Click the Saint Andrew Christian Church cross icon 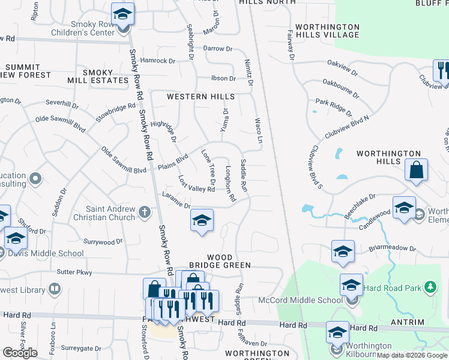(144, 211)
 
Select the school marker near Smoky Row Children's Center (123, 13)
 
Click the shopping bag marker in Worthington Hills (416, 170)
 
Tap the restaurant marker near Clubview (442, 70)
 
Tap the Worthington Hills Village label (322, 31)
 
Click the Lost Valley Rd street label (196, 185)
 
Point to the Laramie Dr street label (176, 197)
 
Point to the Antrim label (428, 322)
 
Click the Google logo (20, 353)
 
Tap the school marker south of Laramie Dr (202, 220)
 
